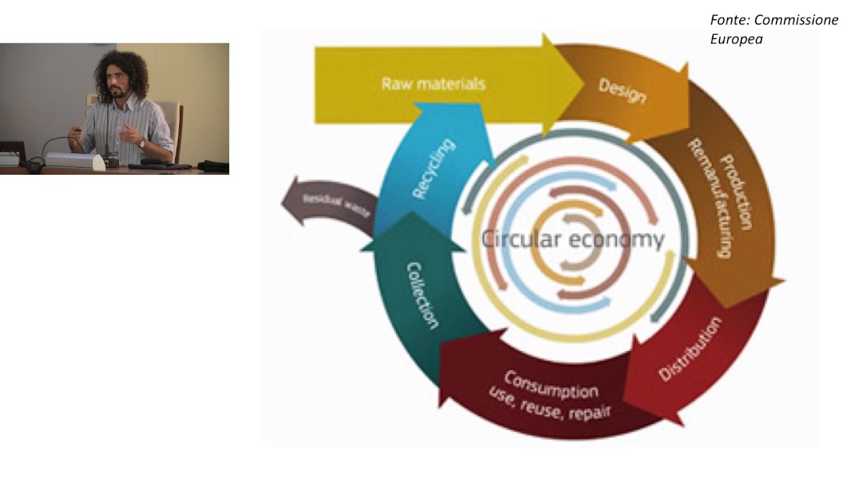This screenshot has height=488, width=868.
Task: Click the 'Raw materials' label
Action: [433, 83]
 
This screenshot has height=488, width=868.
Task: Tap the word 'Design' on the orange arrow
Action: [623, 91]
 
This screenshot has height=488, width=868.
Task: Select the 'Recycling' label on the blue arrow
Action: [433, 168]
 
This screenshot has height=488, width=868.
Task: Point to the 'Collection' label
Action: [422, 296]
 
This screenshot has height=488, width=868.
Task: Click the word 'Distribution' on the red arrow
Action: [690, 348]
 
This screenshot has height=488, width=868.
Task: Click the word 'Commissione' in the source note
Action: [796, 20]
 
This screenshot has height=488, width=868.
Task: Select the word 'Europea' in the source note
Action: [736, 39]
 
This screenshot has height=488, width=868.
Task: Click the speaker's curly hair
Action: [121, 75]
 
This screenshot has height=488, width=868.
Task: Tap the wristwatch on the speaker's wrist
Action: [142, 144]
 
